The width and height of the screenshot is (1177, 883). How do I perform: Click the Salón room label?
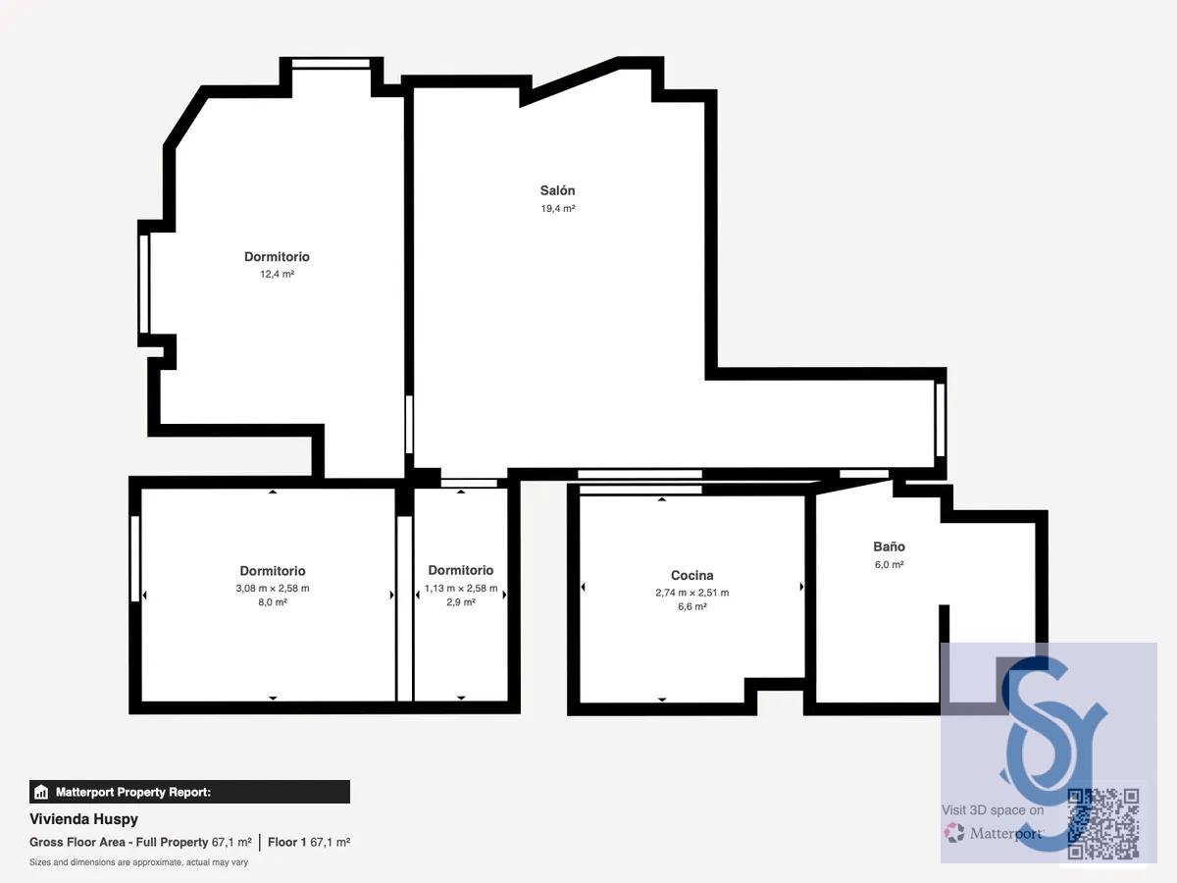coord(557,190)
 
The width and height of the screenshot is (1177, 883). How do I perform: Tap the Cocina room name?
coord(691,575)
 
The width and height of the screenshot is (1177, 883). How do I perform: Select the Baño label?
coord(889,546)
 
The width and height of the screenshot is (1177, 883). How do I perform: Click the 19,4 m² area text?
coord(558,209)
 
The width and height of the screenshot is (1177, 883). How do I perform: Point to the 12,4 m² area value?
coord(277,274)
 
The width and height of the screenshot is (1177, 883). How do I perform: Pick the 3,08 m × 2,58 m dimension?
coord(273,588)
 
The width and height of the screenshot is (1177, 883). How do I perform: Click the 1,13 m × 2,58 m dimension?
coord(461,588)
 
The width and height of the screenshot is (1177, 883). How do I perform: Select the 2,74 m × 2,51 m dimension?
coord(691,593)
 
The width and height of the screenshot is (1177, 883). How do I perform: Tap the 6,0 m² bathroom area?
coord(889,564)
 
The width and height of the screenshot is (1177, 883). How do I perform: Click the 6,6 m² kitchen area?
coord(691,606)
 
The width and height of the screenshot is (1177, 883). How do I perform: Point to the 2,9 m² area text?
coord(461,602)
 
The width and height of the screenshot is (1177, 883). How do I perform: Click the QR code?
coord(1103,823)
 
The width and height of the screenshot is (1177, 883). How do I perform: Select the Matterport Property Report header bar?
coord(189,792)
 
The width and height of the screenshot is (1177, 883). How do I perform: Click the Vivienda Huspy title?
coord(83,819)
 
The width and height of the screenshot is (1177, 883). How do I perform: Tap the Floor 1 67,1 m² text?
coord(309,842)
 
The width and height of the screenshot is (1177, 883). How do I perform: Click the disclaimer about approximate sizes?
coord(138,862)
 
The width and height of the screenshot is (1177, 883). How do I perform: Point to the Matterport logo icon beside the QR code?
coord(954,833)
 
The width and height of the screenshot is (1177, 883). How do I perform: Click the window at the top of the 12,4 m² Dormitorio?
coord(331,63)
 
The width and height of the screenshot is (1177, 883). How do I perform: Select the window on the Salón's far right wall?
coord(940,420)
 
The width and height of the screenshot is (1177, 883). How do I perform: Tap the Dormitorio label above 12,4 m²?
coord(277,257)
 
